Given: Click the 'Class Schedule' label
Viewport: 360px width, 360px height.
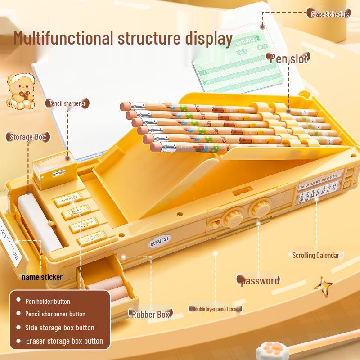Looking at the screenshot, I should pyautogui.click(x=330, y=14).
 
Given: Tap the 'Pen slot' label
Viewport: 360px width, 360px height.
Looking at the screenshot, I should pyautogui.click(x=289, y=58).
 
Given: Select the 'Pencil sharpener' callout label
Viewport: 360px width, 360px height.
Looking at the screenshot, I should pyautogui.click(x=67, y=103).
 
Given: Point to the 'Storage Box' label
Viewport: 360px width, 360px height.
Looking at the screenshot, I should pyautogui.click(x=28, y=137).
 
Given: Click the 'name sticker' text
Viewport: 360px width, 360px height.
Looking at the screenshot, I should pyautogui.click(x=42, y=277).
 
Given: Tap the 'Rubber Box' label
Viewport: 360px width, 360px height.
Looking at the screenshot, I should pyautogui.click(x=151, y=314).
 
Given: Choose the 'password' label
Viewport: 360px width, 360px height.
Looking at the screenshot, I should pyautogui.click(x=260, y=281).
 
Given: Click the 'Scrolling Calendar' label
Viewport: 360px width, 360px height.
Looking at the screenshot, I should pyautogui.click(x=315, y=255).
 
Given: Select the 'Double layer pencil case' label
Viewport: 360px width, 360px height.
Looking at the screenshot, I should pyautogui.click(x=215, y=309).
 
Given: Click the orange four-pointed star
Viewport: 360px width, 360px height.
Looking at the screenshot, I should pyautogui.click(x=323, y=285).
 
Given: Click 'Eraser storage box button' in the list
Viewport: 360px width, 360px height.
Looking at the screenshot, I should pyautogui.click(x=64, y=341).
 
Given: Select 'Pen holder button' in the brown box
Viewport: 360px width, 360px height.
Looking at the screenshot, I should pyautogui.click(x=48, y=301).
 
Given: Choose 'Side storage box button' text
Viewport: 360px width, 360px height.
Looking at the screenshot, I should pyautogui.click(x=59, y=328).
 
